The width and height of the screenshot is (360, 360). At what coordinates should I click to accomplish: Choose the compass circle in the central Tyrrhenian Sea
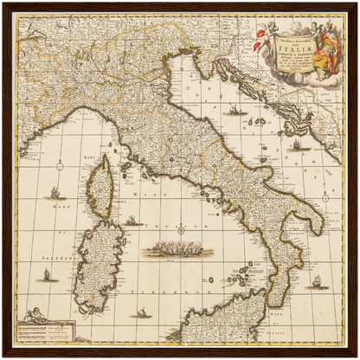181,229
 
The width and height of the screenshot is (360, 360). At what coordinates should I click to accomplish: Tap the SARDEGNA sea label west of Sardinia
35,250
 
